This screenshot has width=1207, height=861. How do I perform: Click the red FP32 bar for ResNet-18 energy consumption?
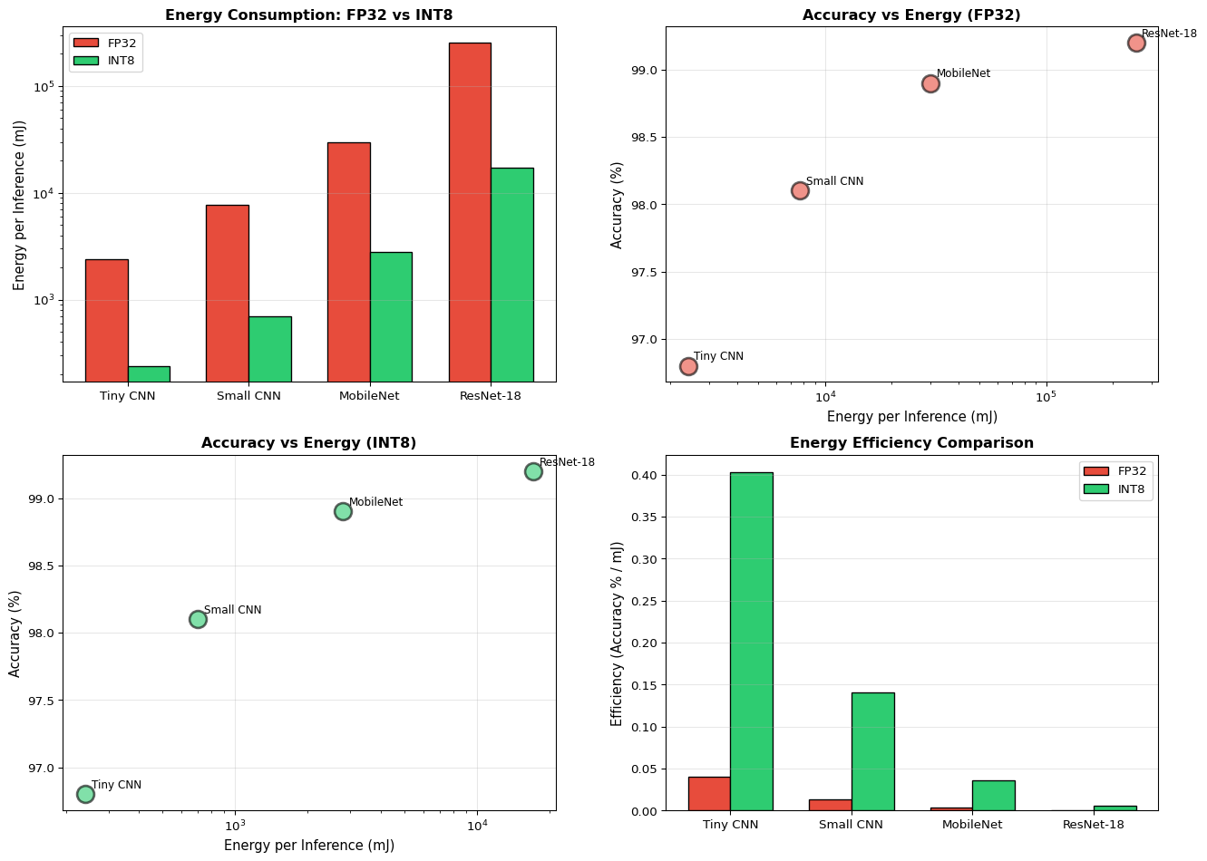click(470, 212)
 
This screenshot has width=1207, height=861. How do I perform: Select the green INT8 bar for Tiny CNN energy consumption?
click(149, 373)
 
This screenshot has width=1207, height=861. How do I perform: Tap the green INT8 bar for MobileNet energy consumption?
click(391, 316)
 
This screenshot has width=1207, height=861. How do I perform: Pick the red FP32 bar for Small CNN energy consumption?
click(227, 293)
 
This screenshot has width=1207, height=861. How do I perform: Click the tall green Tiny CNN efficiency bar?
click(751, 641)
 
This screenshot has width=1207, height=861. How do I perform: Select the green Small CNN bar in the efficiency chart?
click(872, 751)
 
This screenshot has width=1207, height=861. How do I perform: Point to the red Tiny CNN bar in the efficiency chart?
click(708, 793)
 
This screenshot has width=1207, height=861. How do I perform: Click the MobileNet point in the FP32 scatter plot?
click(930, 83)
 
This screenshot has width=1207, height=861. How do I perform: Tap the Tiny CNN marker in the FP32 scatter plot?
click(688, 366)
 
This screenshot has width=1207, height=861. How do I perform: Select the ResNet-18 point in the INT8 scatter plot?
click(533, 471)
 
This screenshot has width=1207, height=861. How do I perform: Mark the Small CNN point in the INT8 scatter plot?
click(198, 619)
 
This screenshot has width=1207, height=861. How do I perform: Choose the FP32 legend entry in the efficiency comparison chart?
click(1116, 471)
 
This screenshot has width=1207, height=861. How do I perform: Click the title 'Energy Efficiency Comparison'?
click(911, 443)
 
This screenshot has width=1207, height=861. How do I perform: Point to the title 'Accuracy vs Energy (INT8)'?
click(308, 443)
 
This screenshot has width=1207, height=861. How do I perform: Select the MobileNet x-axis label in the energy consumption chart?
click(369, 396)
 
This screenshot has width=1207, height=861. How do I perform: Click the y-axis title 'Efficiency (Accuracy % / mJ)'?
click(618, 634)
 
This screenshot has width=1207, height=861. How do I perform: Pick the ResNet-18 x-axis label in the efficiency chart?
click(1094, 825)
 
